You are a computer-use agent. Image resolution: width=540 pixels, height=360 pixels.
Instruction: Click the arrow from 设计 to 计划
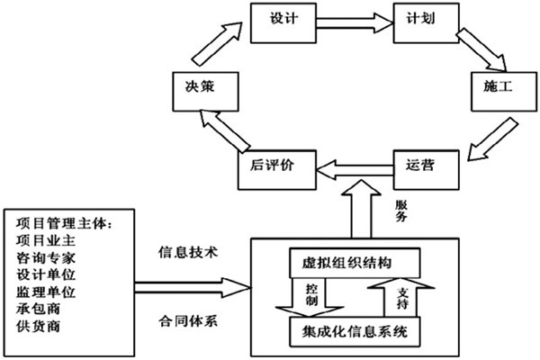coord(354,21)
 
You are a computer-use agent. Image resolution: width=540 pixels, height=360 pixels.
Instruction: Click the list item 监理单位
coord(46,292)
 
